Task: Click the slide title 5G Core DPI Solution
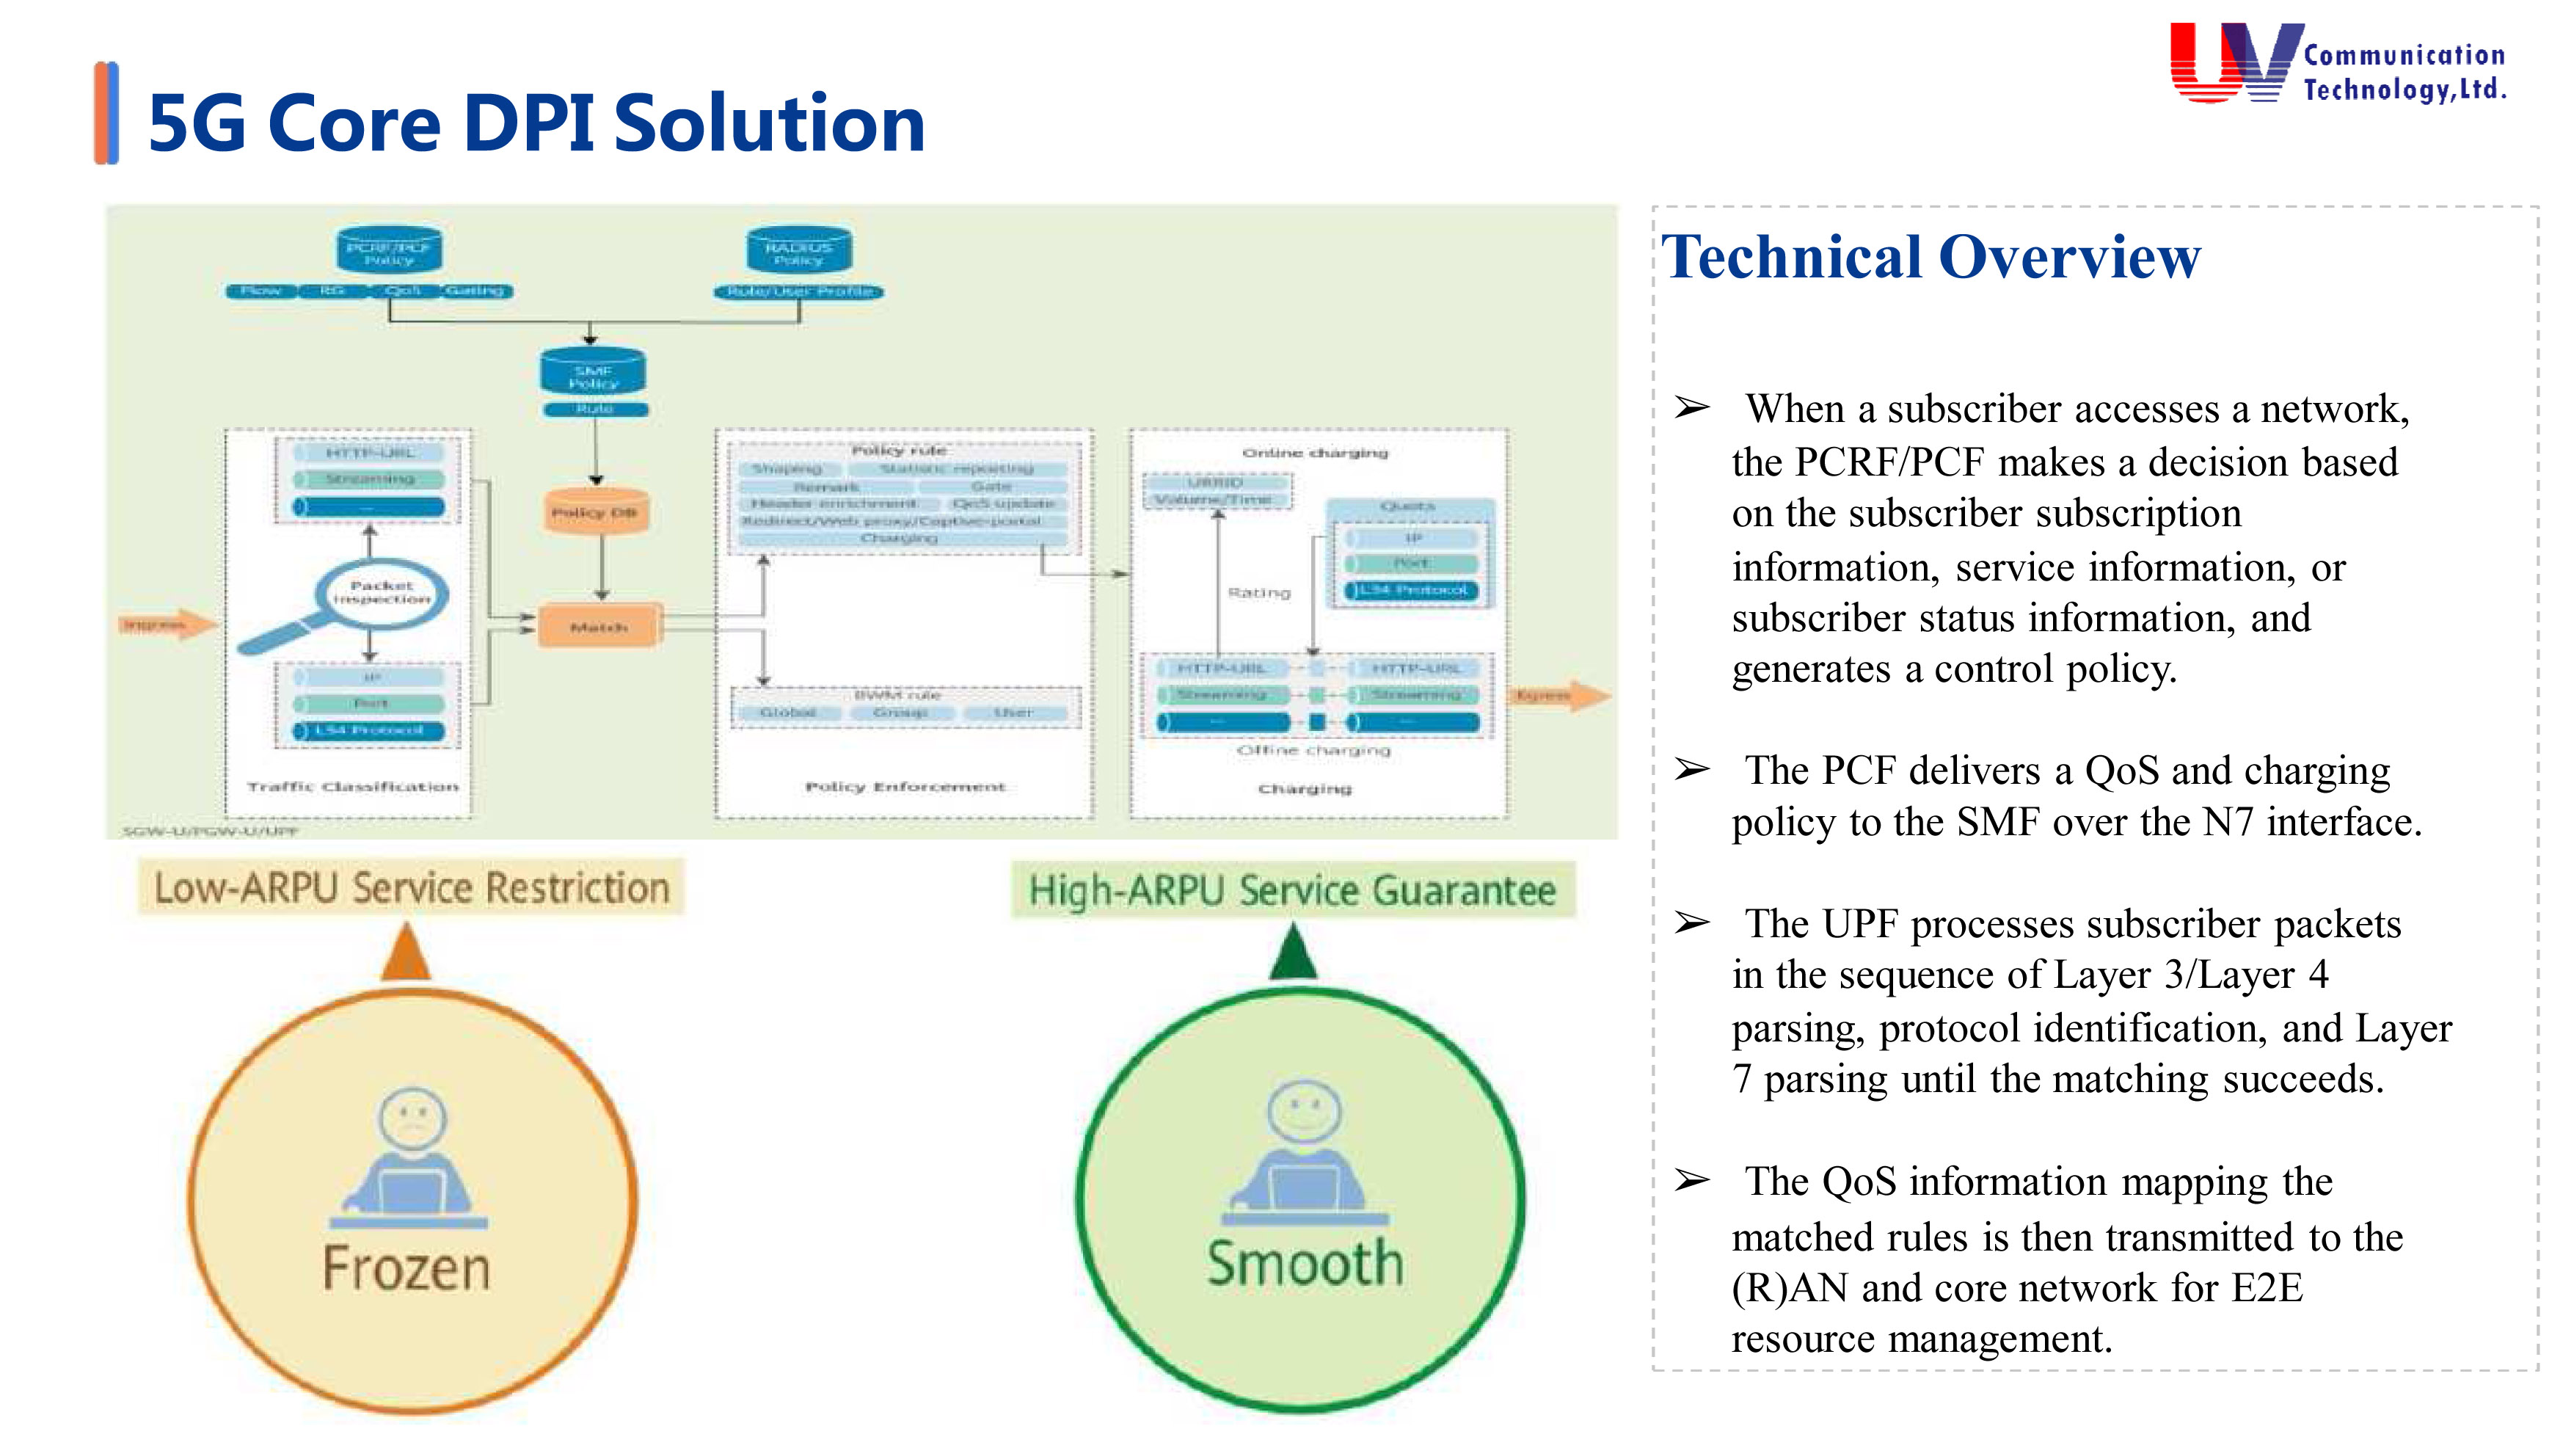point(536,124)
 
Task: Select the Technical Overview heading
point(1930,258)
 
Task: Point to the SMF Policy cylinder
point(594,374)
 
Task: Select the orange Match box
point(599,627)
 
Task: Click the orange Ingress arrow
point(165,625)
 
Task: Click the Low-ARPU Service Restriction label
point(411,887)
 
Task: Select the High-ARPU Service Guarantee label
point(1292,890)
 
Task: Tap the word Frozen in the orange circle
point(406,1268)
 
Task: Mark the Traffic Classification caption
point(353,787)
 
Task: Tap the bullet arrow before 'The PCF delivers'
point(1692,769)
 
